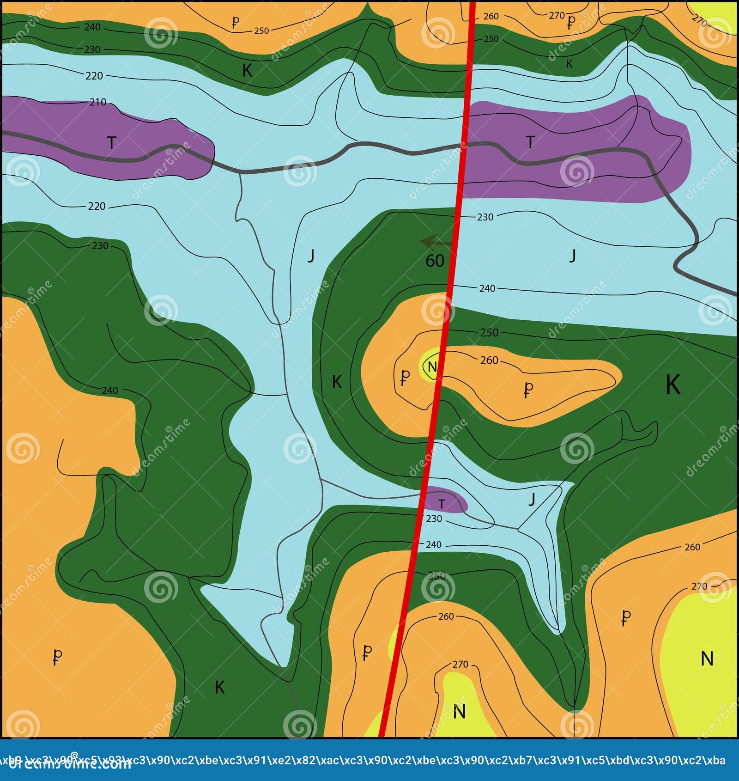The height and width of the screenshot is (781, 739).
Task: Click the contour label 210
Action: click(x=98, y=102)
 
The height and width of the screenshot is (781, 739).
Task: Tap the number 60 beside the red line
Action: click(x=435, y=261)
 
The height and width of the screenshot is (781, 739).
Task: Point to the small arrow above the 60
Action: click(x=436, y=242)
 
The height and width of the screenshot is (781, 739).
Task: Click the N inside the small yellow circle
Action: click(x=432, y=367)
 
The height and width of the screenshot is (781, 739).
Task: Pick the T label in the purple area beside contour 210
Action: click(x=111, y=143)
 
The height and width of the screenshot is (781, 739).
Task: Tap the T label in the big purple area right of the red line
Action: click(x=530, y=142)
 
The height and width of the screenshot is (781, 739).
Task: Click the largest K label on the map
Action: click(x=673, y=384)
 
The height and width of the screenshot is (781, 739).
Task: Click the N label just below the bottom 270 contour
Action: click(x=459, y=711)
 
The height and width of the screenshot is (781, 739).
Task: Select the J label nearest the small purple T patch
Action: click(x=532, y=499)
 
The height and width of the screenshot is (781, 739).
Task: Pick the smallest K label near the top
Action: click(x=569, y=64)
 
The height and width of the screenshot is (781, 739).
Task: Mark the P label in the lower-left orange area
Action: click(x=57, y=656)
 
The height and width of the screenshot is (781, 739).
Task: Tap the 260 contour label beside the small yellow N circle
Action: click(x=489, y=360)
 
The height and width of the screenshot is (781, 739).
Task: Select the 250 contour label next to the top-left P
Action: click(x=261, y=31)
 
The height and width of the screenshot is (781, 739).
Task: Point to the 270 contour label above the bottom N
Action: click(x=460, y=665)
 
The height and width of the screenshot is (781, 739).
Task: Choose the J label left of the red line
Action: click(x=311, y=256)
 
